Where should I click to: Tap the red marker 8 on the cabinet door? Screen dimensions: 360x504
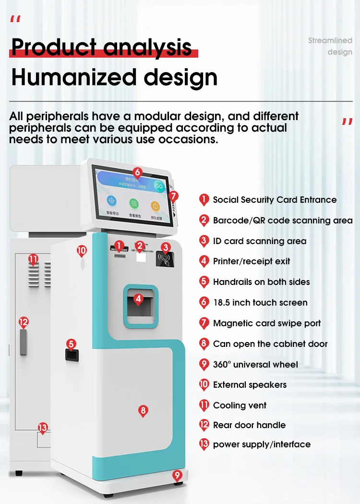[x=143, y=411]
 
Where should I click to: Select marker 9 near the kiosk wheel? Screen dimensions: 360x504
[x=178, y=476]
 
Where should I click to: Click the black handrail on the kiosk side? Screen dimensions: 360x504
[x=72, y=355]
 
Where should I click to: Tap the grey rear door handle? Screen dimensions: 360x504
[x=23, y=342]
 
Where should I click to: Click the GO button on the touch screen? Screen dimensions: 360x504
[x=158, y=186]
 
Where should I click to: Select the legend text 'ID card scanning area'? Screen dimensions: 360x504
[x=259, y=241]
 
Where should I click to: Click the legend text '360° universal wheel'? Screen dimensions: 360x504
[x=255, y=364]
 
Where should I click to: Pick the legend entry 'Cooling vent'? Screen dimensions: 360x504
[x=240, y=405]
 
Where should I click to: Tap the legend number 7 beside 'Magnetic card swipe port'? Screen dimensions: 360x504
[x=204, y=323]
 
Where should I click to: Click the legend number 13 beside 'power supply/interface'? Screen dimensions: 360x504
[x=204, y=444]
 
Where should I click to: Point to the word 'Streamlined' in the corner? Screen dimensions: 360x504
[x=330, y=41]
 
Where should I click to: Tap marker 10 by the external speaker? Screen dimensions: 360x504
[x=82, y=250]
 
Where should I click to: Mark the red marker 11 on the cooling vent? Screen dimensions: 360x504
[x=33, y=260]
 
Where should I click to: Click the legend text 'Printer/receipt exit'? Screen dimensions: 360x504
[x=252, y=261]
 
